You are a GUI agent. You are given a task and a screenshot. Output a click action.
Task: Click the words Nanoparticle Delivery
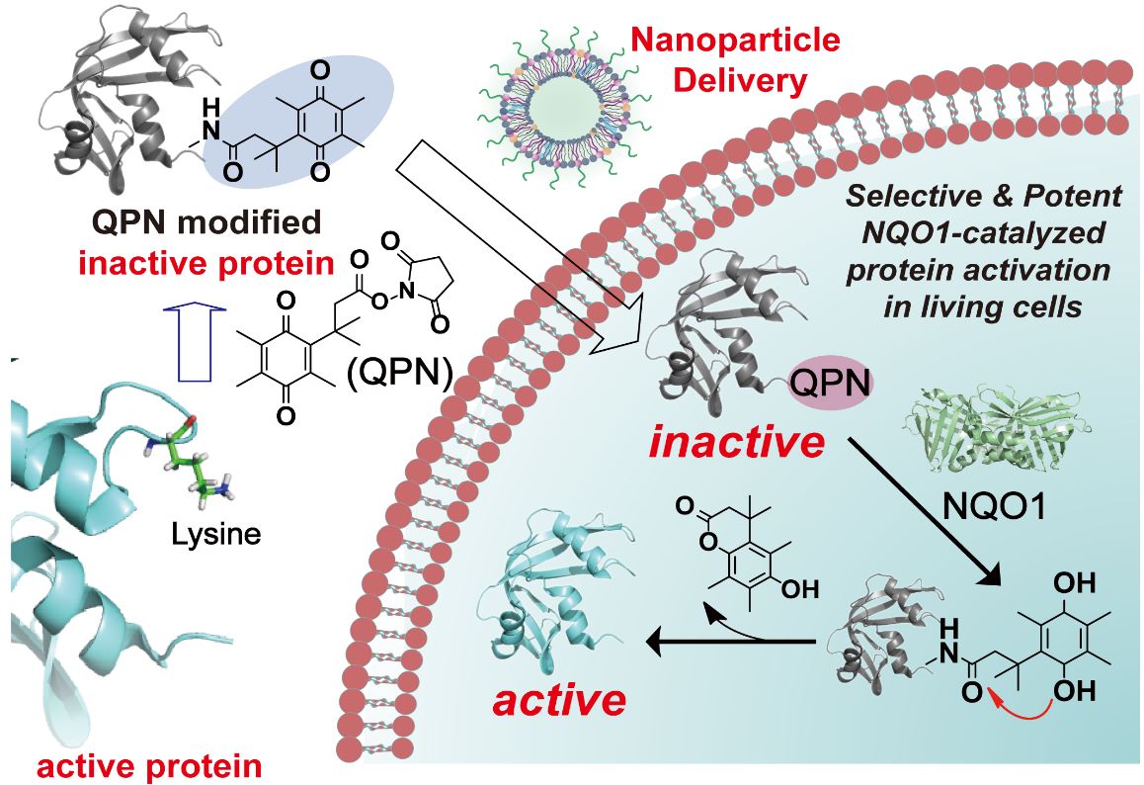pos(735,58)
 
